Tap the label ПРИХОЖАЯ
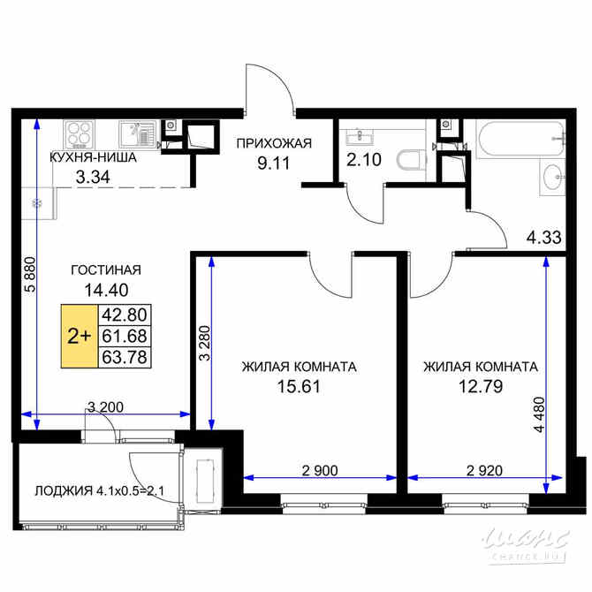pyautogui.click(x=273, y=142)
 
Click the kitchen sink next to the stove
pyautogui.click(x=135, y=134)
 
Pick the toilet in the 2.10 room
pyautogui.click(x=408, y=162)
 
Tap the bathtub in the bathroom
pyautogui.click(x=517, y=137)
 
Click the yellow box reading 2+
pyautogui.click(x=79, y=336)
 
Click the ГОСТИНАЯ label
pyautogui.click(x=106, y=270)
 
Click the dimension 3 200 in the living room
pyautogui.click(x=104, y=407)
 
